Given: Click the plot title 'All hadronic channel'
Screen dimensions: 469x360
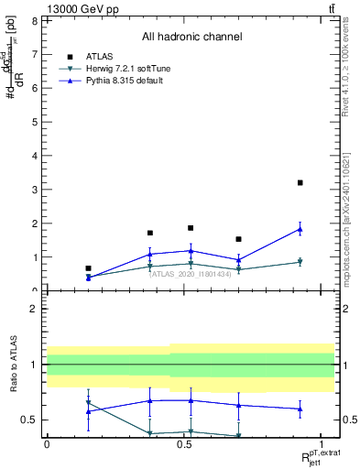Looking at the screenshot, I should [x=191, y=38].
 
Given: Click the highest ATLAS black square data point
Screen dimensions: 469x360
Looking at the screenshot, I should [x=300, y=183].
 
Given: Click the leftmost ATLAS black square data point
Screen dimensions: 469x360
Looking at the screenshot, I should [x=88, y=268].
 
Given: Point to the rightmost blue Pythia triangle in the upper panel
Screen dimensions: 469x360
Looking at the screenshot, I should [x=300, y=229].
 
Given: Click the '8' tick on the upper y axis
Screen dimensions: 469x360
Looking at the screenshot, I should [x=34, y=20].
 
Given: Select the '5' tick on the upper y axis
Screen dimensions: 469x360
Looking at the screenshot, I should [x=34, y=122].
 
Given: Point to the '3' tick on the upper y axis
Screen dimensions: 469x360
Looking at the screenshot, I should [x=34, y=190].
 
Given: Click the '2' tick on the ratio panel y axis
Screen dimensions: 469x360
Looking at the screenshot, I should [x=34, y=309].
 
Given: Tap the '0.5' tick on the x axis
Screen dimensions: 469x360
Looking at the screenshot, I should [x=184, y=443].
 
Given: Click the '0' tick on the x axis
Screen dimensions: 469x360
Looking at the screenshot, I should [x=47, y=443].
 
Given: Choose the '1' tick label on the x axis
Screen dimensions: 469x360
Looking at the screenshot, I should [x=322, y=443].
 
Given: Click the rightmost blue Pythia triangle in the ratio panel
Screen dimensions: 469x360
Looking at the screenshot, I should [x=300, y=409].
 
